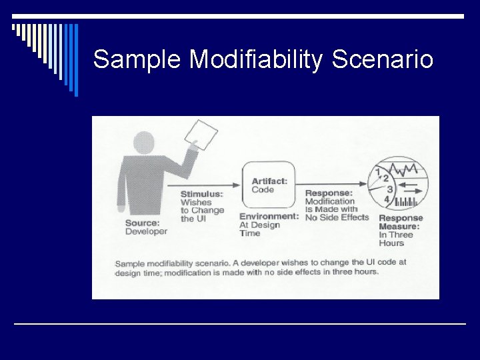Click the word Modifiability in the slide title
(x=257, y=60)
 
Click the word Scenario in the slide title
(x=383, y=60)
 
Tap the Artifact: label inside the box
(x=269, y=181)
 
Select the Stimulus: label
(x=201, y=194)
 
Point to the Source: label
(x=142, y=223)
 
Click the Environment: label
(x=269, y=216)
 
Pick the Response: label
(x=328, y=193)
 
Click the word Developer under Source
(x=146, y=231)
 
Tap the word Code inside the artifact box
(x=263, y=189)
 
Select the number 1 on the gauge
(x=378, y=171)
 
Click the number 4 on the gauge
(x=387, y=199)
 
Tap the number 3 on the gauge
(x=390, y=189)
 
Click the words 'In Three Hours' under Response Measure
(x=396, y=239)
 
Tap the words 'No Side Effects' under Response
(x=337, y=217)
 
